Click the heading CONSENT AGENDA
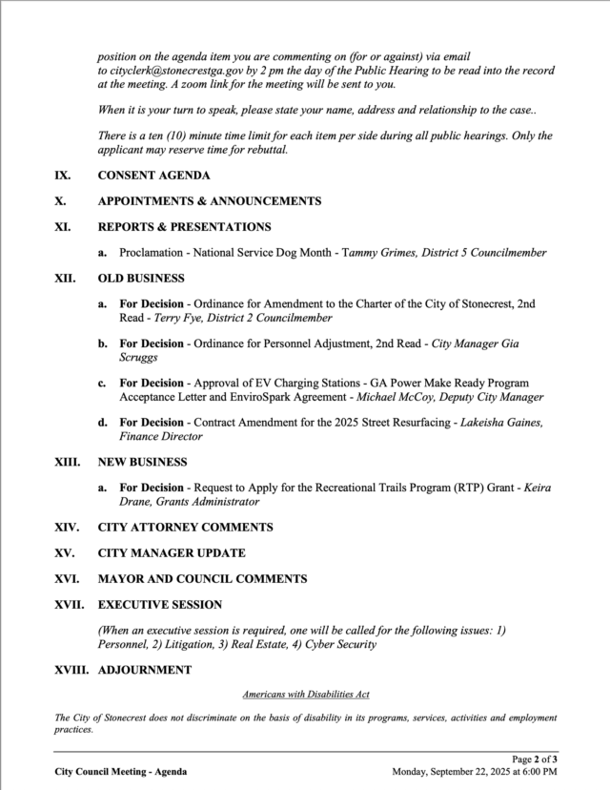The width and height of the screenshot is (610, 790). [x=154, y=176]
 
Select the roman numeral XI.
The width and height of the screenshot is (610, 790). [x=63, y=227]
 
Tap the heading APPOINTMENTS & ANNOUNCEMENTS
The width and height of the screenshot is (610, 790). [x=209, y=201]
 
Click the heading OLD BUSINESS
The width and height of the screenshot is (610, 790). [x=141, y=279]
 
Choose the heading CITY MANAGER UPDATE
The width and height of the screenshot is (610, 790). [x=172, y=552]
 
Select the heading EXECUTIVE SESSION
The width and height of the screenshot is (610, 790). [x=160, y=604]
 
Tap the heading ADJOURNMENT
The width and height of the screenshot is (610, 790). [x=145, y=670]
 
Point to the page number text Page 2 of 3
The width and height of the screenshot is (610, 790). [x=535, y=759]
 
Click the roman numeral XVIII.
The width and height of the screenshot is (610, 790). [x=71, y=670]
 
